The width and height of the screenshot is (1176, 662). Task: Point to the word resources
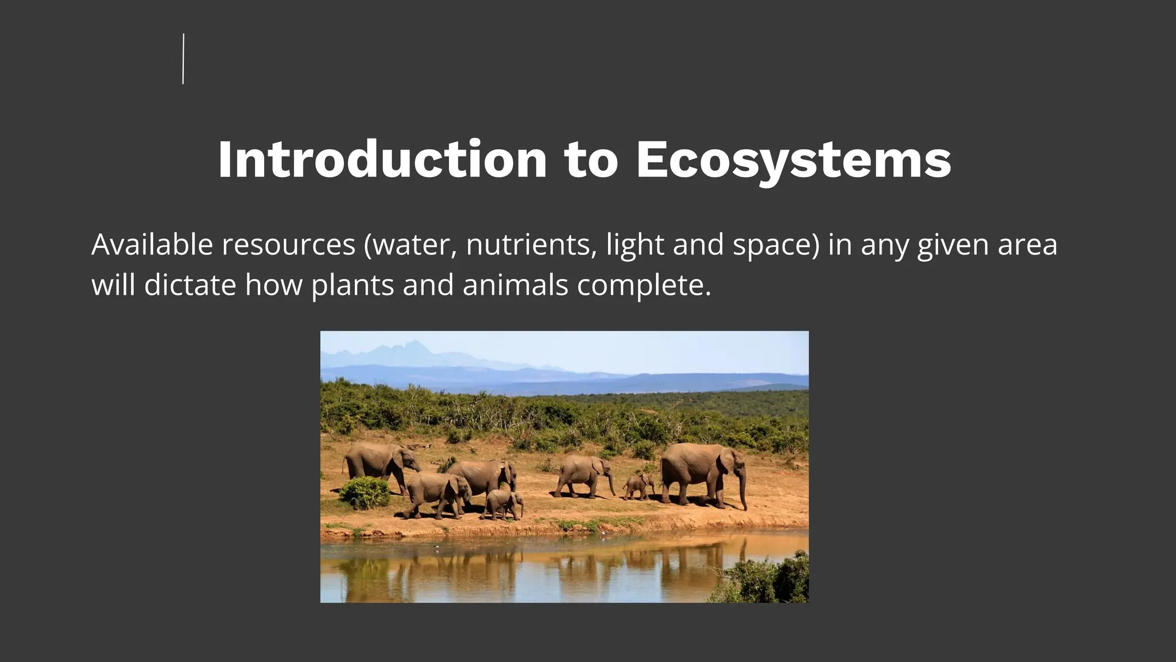[x=288, y=245]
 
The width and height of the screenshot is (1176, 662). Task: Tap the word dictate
[x=190, y=284]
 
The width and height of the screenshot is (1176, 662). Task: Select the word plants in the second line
[x=353, y=286]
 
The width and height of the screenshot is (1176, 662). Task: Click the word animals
[x=515, y=284]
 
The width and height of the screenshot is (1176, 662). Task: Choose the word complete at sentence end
[x=643, y=286]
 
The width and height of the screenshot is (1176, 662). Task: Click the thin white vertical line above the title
[x=183, y=59]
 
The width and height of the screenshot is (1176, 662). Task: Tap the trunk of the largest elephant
[x=743, y=488]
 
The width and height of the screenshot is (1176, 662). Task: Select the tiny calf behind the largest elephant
[x=638, y=486]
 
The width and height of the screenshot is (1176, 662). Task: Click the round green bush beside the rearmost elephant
[x=365, y=493]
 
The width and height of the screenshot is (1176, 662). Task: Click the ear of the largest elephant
[x=728, y=462]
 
